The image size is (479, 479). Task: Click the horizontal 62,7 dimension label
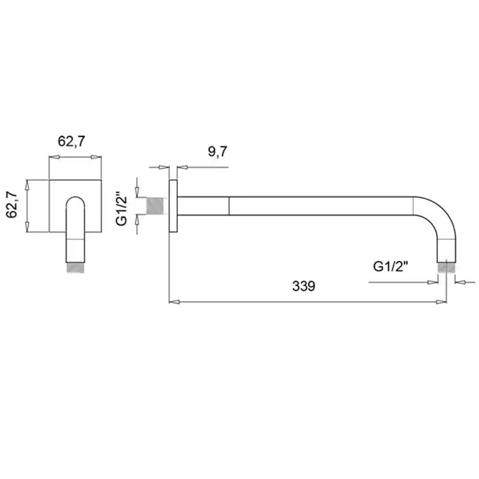[71, 141]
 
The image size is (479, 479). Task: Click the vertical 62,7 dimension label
[12, 205]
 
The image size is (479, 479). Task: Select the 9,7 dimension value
[218, 151]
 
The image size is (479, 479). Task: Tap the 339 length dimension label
[304, 286]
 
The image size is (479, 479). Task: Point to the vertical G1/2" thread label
[121, 209]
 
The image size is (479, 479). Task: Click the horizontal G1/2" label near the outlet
[391, 266]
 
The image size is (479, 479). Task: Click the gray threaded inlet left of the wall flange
[155, 206]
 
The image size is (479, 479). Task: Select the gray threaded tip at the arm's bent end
[446, 268]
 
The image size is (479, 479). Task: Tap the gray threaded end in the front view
[75, 268]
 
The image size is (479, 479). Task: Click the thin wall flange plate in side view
[173, 206]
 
